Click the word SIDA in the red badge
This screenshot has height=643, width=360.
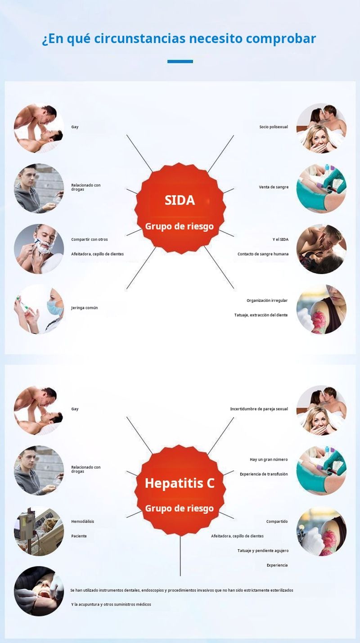(180, 200)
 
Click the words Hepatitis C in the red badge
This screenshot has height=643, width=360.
(180, 483)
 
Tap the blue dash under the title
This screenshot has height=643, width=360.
(180, 61)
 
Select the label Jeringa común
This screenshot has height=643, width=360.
(84, 308)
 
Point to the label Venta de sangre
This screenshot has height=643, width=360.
(274, 187)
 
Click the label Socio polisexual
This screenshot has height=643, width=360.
(273, 127)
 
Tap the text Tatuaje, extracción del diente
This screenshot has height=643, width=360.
(261, 315)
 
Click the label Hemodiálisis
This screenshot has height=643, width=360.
(82, 522)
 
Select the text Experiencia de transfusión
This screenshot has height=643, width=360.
(263, 474)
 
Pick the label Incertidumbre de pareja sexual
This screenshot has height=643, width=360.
(259, 409)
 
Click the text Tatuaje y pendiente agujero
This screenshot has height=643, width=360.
(263, 550)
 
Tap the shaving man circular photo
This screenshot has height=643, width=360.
(39, 249)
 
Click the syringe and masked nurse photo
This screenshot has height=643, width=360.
(39, 309)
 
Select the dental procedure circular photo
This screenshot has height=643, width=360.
(39, 591)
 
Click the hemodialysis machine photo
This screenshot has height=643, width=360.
(39, 531)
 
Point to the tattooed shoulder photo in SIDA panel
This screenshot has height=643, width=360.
(321, 309)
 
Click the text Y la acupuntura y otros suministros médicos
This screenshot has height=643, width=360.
(111, 604)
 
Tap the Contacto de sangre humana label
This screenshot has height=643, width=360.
(263, 254)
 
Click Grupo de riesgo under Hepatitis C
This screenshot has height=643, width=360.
(179, 508)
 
